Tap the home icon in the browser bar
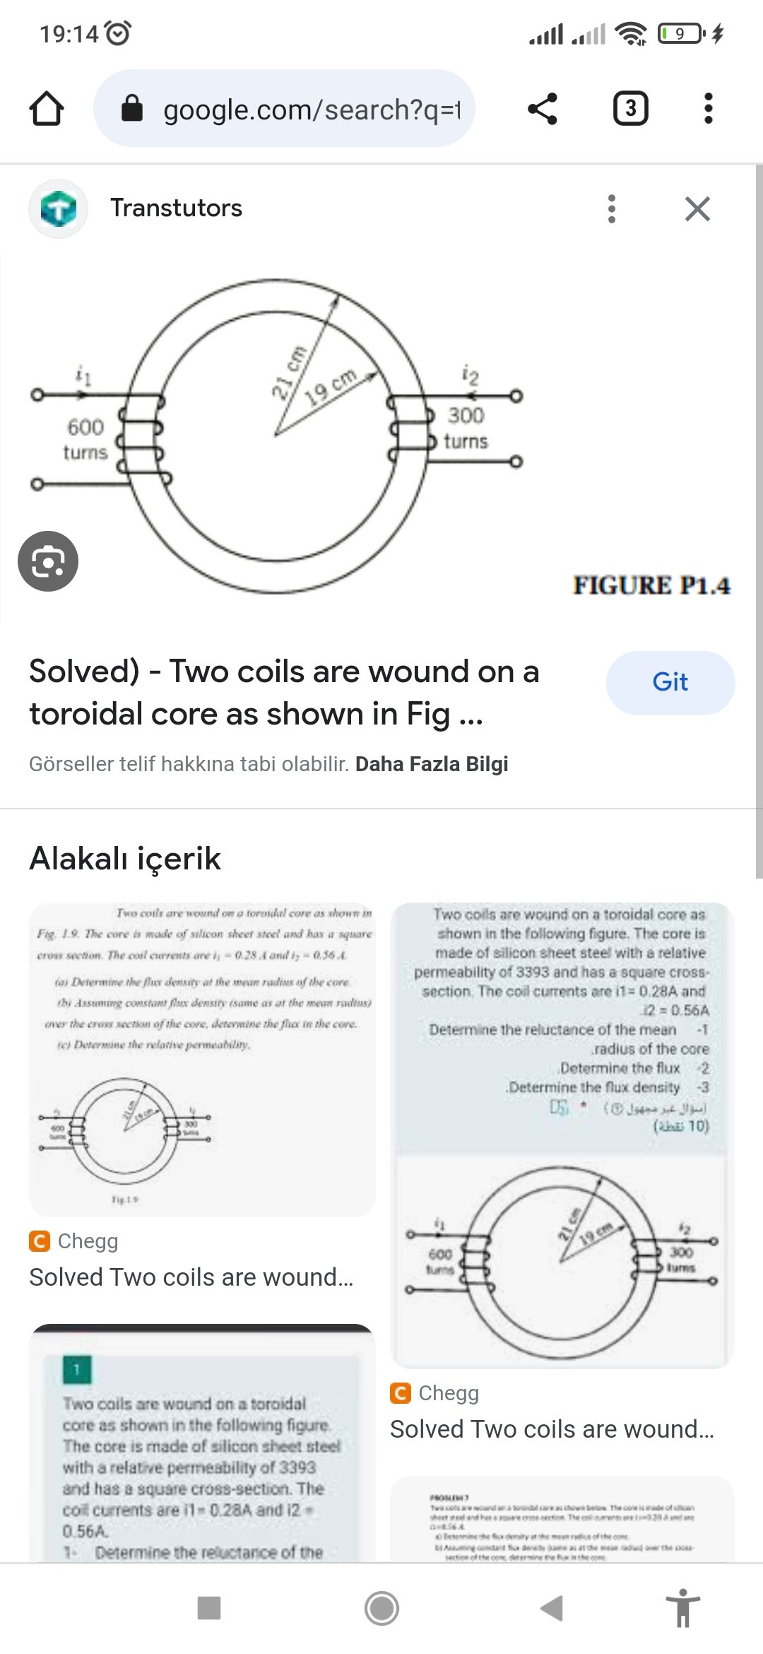(x=47, y=109)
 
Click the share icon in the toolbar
(x=543, y=109)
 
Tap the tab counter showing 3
(x=630, y=109)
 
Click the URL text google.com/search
(x=311, y=110)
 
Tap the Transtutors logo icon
(x=58, y=209)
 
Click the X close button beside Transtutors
(x=697, y=209)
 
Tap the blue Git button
(x=670, y=682)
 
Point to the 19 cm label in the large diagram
(x=331, y=387)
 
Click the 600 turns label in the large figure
(x=85, y=439)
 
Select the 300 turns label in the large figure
(x=466, y=428)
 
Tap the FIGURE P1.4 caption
(x=651, y=585)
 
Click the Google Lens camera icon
(x=48, y=561)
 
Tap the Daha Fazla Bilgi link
(x=432, y=764)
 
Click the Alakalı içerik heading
(x=125, y=859)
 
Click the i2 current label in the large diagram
(x=470, y=374)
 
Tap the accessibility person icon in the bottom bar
(x=682, y=1608)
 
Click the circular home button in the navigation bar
(x=381, y=1608)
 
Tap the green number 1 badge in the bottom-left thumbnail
(x=76, y=1369)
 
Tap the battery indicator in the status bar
(x=680, y=33)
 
